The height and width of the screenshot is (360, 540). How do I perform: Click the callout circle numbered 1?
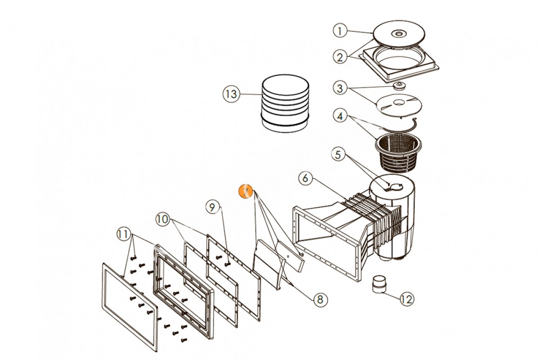click(341, 31)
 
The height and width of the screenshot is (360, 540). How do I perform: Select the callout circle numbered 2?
click(341, 57)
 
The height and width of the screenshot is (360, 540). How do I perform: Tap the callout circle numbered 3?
click(341, 88)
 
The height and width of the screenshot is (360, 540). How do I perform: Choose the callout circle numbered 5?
click(341, 155)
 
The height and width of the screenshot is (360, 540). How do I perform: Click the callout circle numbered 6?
click(306, 178)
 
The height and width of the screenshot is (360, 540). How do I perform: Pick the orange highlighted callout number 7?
click(246, 192)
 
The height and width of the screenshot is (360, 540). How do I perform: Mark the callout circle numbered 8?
click(319, 298)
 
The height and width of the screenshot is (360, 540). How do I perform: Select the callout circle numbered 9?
click(213, 207)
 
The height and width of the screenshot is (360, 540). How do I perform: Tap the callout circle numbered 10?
click(163, 220)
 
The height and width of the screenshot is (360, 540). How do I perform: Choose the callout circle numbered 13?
click(230, 94)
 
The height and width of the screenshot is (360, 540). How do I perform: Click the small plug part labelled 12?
click(378, 285)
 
